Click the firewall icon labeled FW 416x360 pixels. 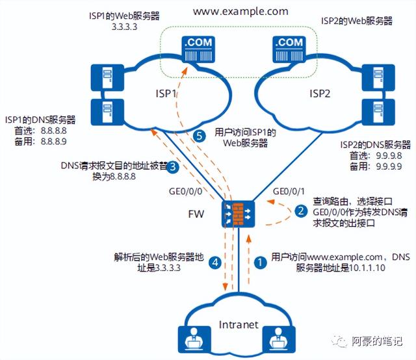coord(238,214)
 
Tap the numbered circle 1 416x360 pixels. coord(260,263)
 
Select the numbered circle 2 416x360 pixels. coord(301,211)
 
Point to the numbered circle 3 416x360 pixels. coord(173,167)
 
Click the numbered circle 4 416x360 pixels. coord(215,263)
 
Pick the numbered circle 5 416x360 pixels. coord(200,136)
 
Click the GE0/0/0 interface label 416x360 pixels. coord(185,191)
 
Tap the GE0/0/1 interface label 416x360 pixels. coord(289,191)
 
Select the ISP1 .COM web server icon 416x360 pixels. coord(198,49)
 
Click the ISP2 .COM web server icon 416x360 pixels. coord(289,49)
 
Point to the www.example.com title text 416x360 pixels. coord(240,12)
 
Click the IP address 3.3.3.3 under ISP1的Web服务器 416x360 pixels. coord(124,27)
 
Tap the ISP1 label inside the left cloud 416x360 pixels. coord(166,94)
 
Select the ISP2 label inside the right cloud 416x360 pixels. coord(320,94)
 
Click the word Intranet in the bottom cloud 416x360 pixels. coord(239,325)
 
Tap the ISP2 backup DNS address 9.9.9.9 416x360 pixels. coord(389,166)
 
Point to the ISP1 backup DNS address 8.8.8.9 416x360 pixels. coord(53,142)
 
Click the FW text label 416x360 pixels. coord(196,214)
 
